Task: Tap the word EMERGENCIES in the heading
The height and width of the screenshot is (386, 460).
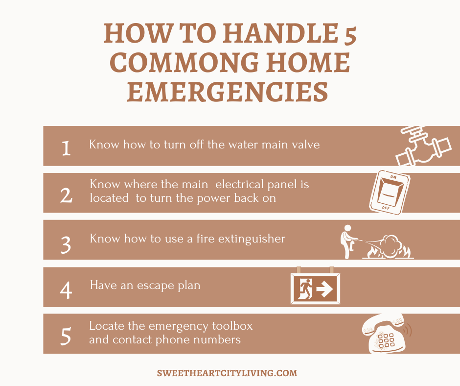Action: (228, 92)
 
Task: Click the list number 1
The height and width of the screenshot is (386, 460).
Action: (66, 148)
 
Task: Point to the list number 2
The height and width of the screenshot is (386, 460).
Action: (66, 195)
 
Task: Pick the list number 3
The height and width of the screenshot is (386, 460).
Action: (66, 244)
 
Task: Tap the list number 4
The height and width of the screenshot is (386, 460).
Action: (66, 290)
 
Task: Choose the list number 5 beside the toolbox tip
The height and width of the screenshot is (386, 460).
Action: (66, 336)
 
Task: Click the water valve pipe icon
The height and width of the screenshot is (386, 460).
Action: (423, 146)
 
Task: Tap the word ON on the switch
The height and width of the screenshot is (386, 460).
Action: (393, 177)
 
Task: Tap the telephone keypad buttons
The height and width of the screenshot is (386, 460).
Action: (386, 340)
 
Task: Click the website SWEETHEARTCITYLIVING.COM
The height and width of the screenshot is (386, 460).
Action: (227, 373)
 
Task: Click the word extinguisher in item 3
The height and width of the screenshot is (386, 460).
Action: (252, 239)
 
